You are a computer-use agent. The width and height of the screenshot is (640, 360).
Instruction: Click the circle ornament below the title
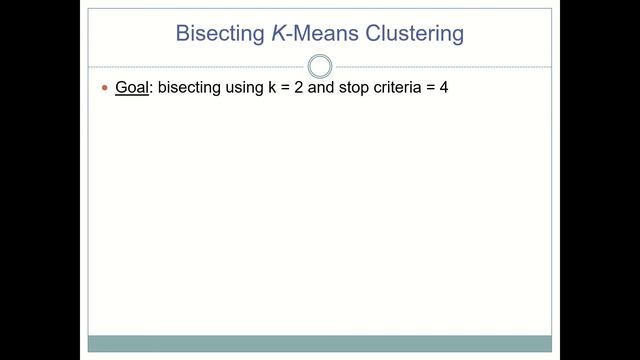point(320,67)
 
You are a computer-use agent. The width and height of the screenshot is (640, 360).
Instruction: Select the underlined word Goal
point(131,88)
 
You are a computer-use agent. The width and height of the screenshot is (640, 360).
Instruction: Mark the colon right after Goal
point(150,89)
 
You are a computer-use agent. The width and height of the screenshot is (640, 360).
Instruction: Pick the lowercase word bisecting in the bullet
point(186,88)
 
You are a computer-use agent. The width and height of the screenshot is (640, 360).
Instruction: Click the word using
point(243,89)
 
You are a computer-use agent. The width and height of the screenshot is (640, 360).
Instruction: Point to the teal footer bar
point(320,343)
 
